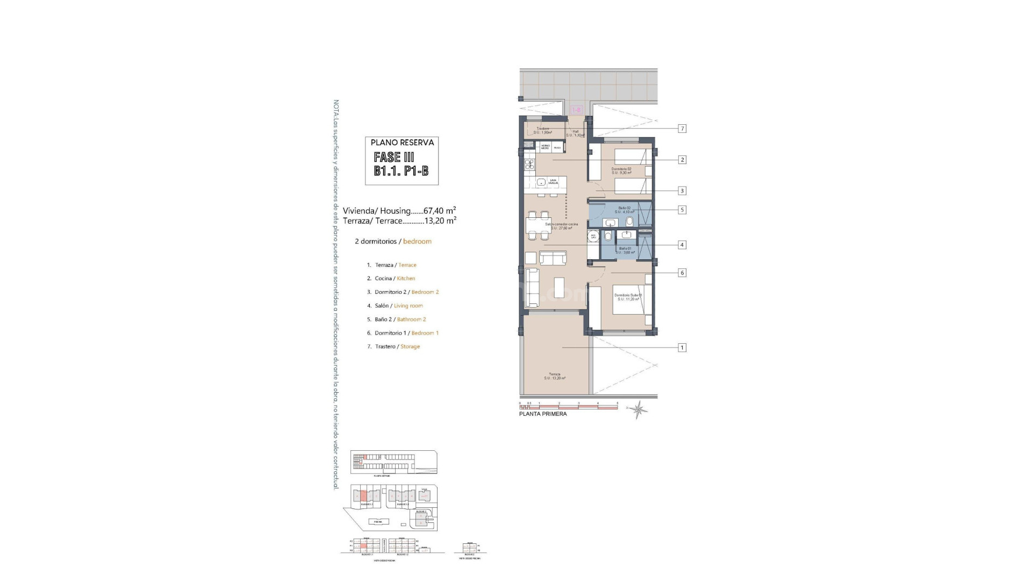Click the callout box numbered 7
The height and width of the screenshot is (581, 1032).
[682, 129]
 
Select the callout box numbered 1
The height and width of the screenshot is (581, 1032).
[682, 348]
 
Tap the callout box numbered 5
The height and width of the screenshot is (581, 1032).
[682, 210]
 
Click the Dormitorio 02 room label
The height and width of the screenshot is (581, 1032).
[621, 171]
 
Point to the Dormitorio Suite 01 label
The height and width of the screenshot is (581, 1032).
[628, 297]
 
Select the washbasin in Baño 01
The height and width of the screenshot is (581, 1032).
[625, 234]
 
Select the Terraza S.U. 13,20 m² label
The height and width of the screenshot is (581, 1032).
[554, 376]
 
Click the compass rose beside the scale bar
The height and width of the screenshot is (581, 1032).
[639, 410]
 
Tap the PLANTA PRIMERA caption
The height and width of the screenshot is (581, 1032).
[543, 414]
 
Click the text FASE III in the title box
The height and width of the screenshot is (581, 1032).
[394, 157]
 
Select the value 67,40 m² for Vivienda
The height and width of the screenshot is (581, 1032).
[440, 211]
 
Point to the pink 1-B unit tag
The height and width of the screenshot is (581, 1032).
[576, 110]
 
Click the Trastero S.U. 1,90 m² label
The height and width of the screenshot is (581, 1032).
[543, 130]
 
